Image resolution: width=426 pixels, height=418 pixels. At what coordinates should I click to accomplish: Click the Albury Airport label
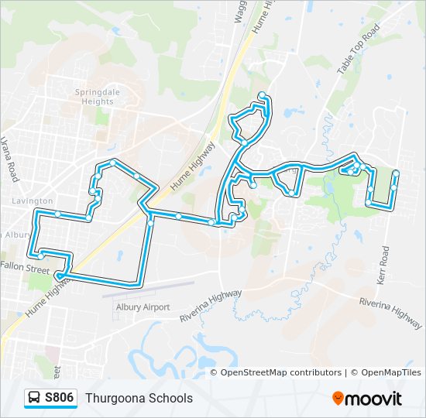[142, 307]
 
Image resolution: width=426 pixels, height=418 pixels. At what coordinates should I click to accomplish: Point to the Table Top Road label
[358, 49]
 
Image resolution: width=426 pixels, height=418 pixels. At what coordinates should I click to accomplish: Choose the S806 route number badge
[60, 398]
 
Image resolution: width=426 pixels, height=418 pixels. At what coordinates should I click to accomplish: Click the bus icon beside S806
[35, 398]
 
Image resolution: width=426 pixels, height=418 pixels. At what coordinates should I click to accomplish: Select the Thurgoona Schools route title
[139, 398]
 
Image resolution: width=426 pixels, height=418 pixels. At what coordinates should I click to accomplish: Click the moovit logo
[367, 399]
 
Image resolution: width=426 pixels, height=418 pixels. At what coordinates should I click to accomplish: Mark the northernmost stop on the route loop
[262, 95]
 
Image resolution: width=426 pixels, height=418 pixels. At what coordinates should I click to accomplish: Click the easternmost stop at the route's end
[396, 173]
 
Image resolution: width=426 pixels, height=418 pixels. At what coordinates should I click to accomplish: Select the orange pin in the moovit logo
[338, 399]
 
